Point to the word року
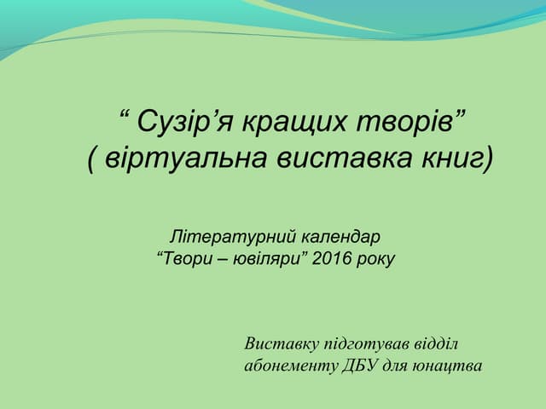click(376, 256)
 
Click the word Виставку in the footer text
click(279, 345)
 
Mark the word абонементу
click(288, 366)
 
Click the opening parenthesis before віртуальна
click(92, 159)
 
